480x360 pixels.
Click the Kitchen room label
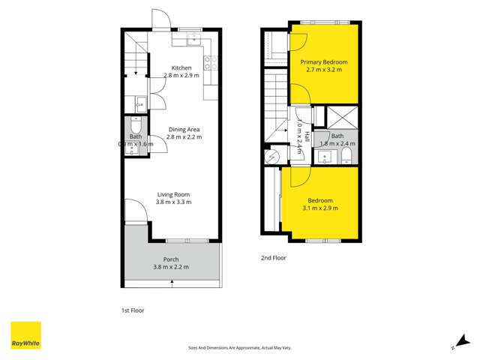[181, 68]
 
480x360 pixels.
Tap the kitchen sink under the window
[193, 40]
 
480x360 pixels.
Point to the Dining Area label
[183, 129]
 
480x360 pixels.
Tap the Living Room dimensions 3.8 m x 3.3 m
[173, 202]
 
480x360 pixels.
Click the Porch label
[171, 259]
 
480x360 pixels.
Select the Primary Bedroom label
[323, 61]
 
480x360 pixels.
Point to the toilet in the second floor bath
[346, 156]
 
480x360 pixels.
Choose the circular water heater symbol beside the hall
[274, 155]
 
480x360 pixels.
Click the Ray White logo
[25, 336]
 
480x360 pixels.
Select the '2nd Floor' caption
[273, 258]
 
